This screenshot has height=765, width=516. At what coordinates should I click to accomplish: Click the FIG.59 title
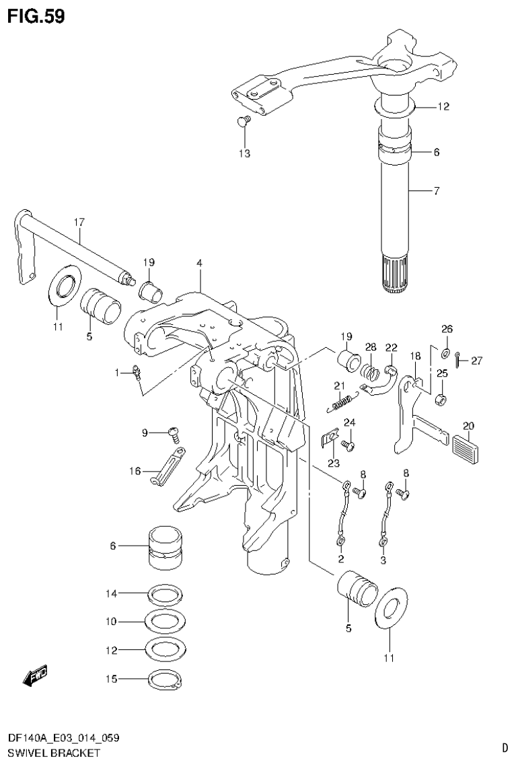36,16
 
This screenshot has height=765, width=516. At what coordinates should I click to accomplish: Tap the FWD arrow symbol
34,676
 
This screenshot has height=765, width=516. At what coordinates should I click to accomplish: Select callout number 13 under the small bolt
244,154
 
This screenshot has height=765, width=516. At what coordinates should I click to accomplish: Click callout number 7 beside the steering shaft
436,192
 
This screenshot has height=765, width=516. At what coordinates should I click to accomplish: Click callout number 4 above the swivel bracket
199,263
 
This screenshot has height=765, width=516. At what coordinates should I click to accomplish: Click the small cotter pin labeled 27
457,360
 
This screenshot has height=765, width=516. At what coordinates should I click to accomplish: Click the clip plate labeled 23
328,438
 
